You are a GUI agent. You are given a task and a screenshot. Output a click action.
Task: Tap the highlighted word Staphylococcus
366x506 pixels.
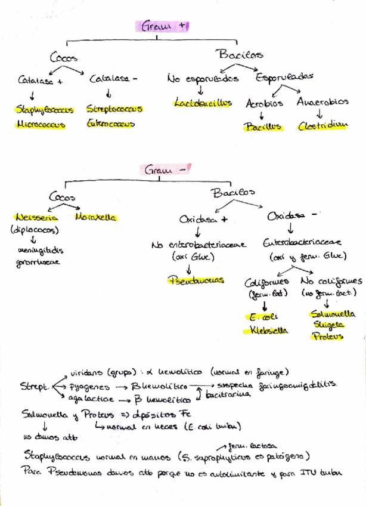[45, 110]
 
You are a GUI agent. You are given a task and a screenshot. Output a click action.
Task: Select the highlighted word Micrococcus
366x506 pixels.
[42, 125]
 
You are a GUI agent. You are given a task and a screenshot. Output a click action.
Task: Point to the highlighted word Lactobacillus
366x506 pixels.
[203, 103]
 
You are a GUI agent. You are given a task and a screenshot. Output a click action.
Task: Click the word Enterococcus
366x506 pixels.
[110, 124]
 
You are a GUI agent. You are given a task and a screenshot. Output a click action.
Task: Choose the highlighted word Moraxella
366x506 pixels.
[95, 218]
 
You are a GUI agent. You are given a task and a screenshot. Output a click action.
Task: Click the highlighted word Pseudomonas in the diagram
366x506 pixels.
[196, 279]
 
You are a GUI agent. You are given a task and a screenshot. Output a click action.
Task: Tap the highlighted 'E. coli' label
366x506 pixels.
[260, 317]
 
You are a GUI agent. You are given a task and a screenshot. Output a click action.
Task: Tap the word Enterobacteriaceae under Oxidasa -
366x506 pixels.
[302, 243]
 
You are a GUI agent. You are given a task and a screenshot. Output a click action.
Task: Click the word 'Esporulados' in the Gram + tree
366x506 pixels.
[285, 78]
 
